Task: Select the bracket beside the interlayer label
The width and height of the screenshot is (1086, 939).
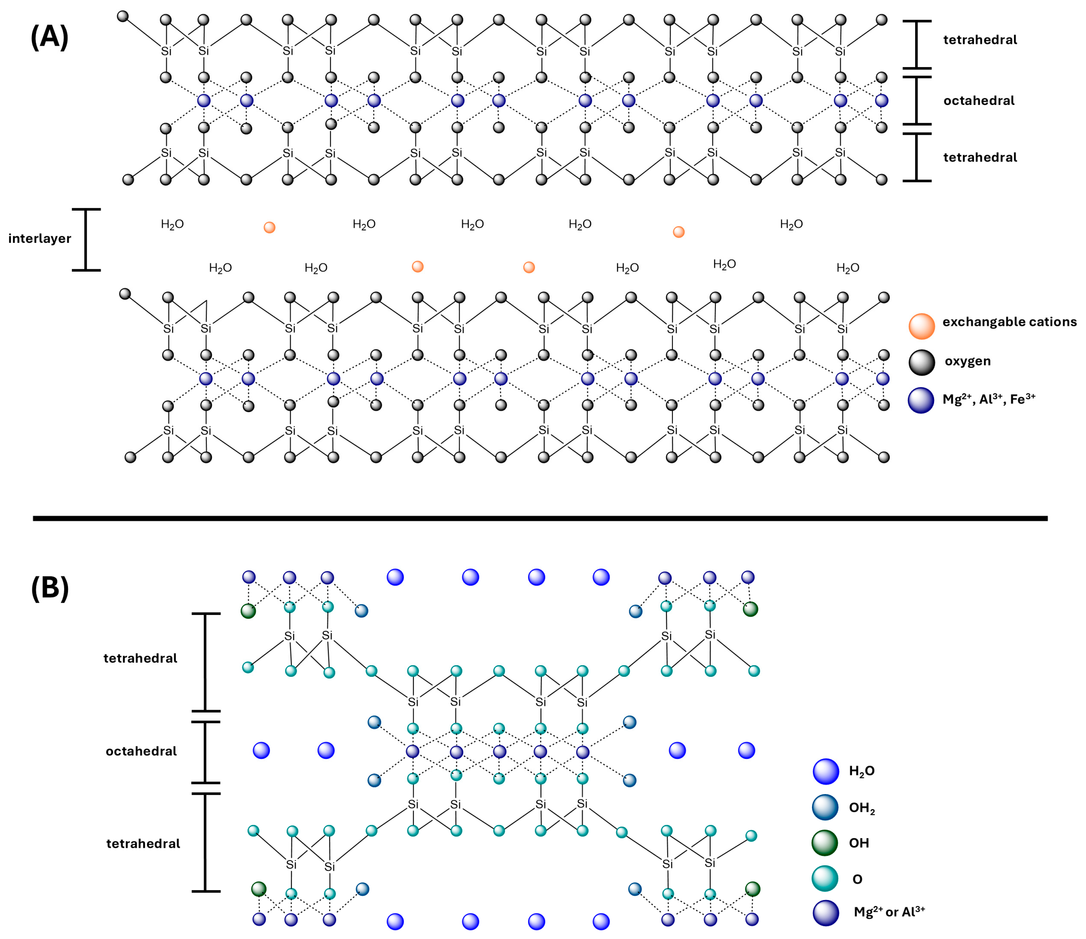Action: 86,240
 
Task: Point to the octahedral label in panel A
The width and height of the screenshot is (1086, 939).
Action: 979,101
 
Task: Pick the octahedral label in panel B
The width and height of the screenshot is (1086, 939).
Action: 141,751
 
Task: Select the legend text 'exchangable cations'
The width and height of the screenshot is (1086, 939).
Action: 1009,322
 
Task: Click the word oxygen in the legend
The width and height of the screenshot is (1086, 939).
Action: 967,361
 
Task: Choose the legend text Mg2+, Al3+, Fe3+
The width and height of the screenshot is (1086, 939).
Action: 988,399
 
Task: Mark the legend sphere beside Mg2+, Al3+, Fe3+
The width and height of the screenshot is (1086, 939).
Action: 921,400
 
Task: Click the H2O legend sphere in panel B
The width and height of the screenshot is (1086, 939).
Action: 826,771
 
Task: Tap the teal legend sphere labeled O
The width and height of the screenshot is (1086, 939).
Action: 825,879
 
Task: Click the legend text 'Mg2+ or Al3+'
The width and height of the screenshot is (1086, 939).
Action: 889,912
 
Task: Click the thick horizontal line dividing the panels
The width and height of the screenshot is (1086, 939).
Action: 540,518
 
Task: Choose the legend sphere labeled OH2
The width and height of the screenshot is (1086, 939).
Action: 825,807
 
